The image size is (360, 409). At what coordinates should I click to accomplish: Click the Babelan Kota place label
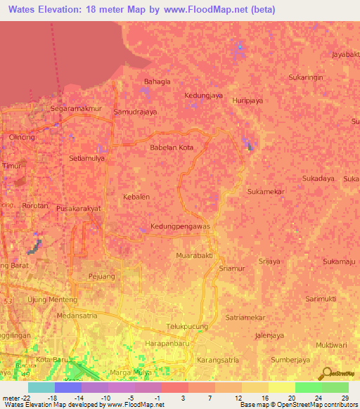(x=172, y=148)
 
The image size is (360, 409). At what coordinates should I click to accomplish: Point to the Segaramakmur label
(x=77, y=109)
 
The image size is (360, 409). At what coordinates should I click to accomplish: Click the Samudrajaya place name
(x=135, y=112)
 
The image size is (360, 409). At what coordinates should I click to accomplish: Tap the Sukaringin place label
(x=305, y=77)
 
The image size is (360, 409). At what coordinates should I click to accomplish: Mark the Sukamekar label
(x=265, y=190)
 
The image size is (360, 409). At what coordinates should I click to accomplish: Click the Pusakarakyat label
(x=89, y=209)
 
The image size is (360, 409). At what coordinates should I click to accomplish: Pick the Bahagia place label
(x=157, y=82)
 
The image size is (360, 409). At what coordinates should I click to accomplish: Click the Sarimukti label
(x=322, y=299)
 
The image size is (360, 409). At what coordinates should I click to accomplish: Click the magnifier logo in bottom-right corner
(x=326, y=373)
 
